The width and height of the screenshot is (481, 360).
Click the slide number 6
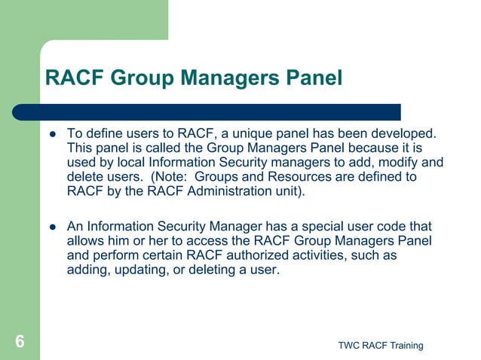[20, 342]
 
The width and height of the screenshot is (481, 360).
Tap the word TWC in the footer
[349, 345]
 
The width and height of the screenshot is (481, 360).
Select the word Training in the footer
[406, 345]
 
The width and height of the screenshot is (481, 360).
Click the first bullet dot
[53, 134]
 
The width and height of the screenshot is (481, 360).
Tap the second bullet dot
[53, 227]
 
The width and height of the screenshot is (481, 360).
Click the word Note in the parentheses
[170, 176]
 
